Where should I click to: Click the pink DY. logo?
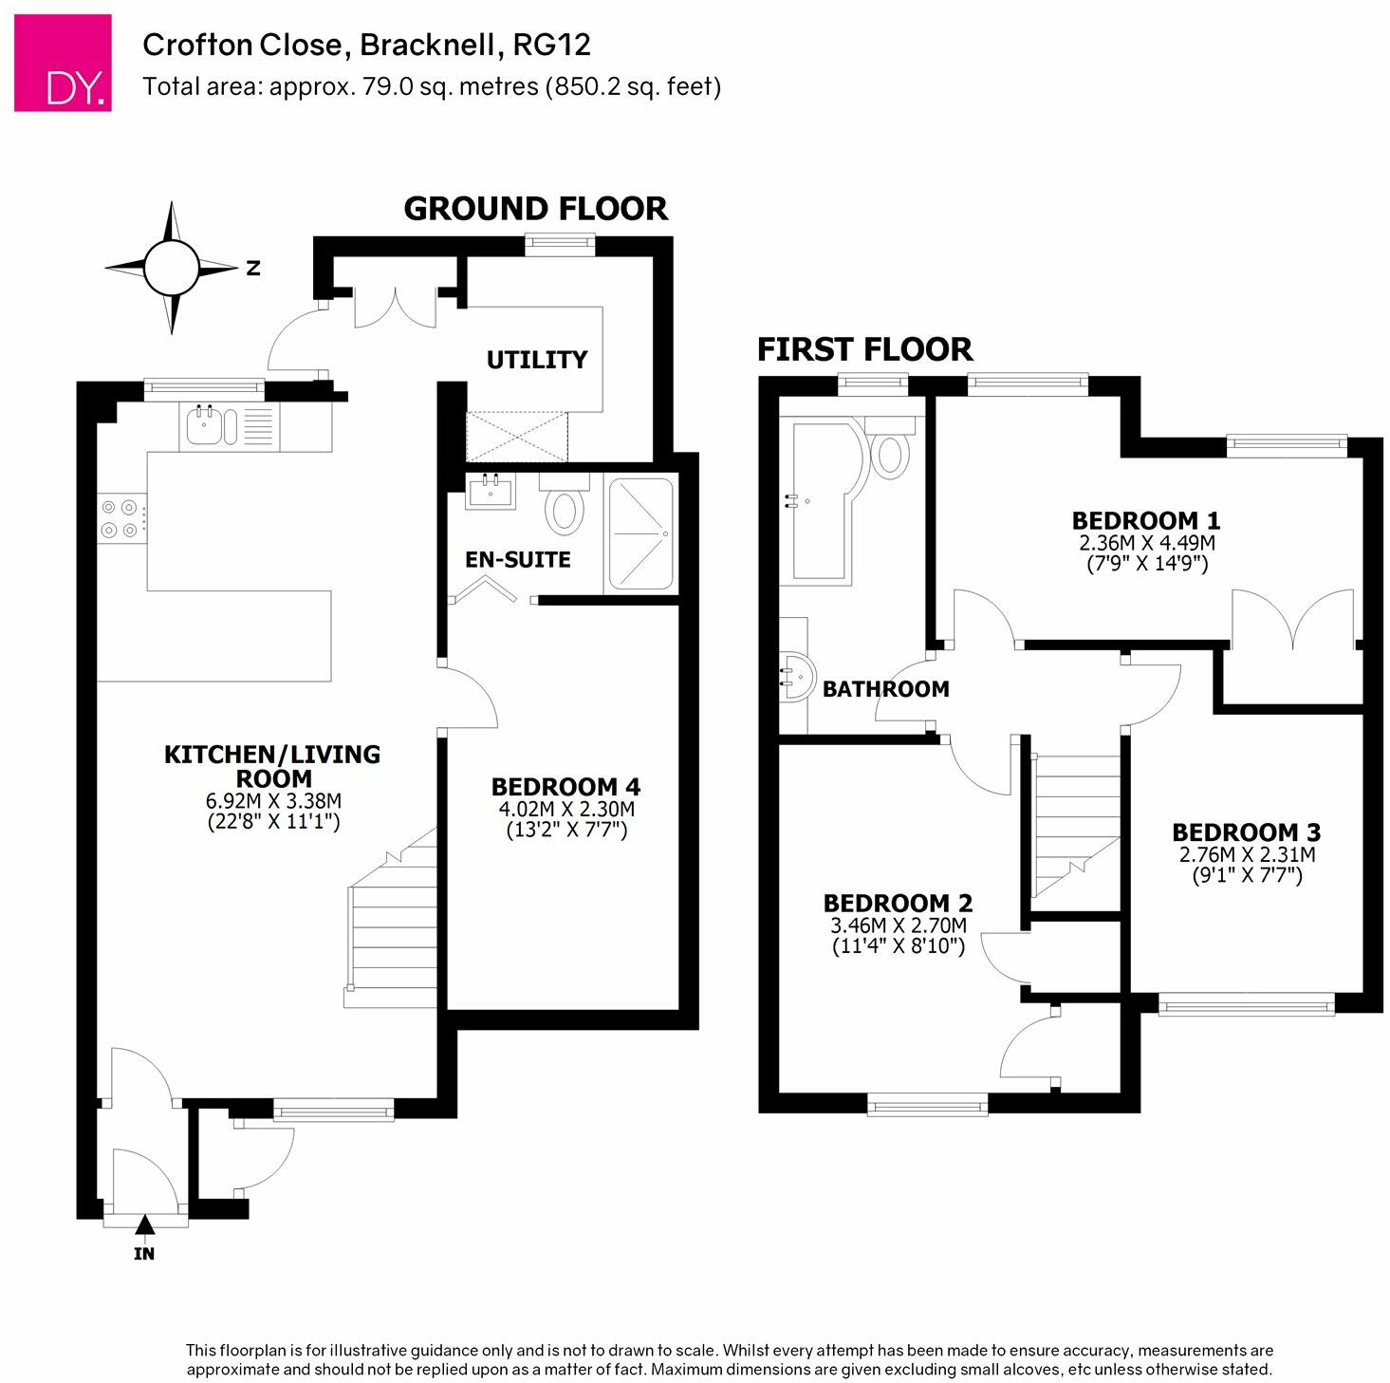63,63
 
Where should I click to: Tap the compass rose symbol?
172,268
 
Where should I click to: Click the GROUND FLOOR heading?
535,209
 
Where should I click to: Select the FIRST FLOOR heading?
864,349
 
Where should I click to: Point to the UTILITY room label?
537,360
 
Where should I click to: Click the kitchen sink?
212,425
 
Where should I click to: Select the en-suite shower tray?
641,534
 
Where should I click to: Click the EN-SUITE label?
517,559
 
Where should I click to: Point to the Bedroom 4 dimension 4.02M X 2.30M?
566,809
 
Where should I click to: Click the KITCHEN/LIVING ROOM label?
272,766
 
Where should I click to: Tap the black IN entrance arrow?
145,1224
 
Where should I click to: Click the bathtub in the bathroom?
827,501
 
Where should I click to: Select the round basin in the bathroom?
797,677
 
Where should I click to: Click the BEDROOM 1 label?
1146,520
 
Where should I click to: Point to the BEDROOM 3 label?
1246,832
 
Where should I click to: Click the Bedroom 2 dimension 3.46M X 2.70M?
899,925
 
